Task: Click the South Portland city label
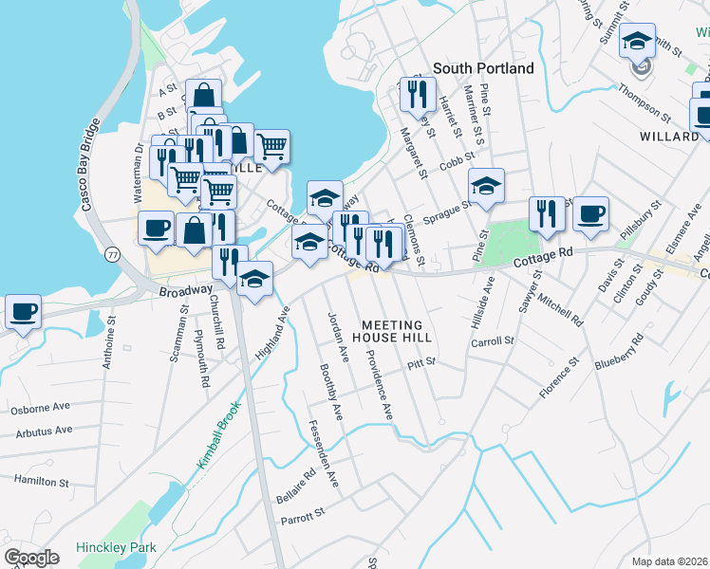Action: pos(483,68)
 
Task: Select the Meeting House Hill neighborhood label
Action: pos(392,329)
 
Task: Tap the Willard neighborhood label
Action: pos(669,137)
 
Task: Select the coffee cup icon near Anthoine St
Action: pos(23,311)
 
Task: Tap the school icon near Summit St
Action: pos(638,42)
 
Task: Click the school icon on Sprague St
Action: pos(486,186)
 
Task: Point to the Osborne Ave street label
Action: pos(40,409)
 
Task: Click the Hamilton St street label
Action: pos(42,482)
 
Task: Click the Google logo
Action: pos(31,558)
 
